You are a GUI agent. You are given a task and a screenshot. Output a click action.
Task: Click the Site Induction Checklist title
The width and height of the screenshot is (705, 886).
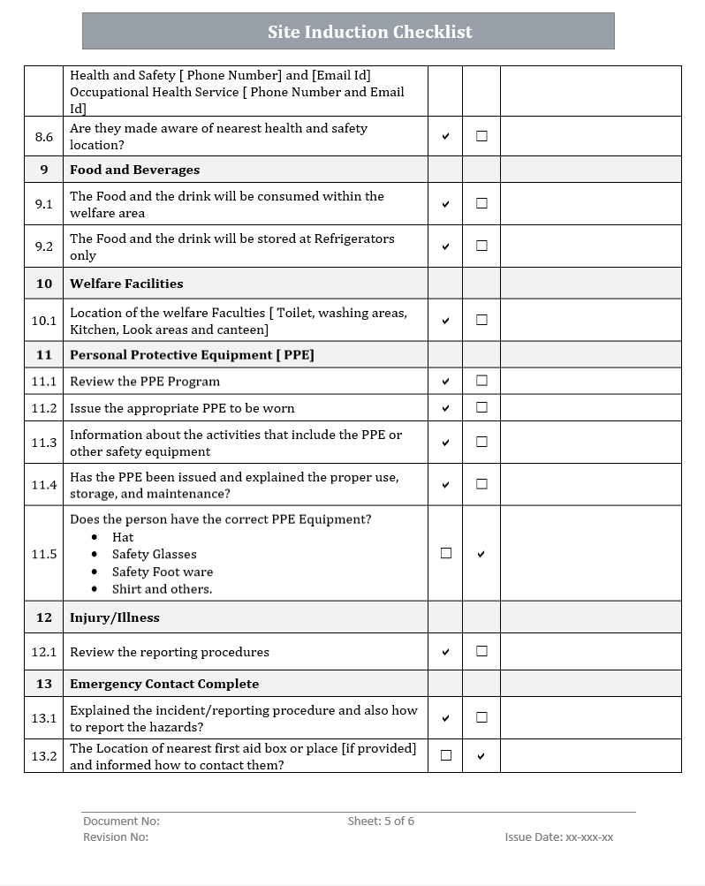[x=369, y=32]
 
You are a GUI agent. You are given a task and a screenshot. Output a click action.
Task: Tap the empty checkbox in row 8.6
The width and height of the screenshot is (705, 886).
[x=481, y=136]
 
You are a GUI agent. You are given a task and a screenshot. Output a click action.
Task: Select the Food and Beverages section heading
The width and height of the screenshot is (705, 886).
[x=134, y=170]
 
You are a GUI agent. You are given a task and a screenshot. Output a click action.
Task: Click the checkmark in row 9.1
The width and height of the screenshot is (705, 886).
[x=445, y=204]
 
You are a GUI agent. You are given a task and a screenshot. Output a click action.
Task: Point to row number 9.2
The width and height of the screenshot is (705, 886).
[x=43, y=246]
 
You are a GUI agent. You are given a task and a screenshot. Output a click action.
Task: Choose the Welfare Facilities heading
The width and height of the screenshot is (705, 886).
[x=126, y=284]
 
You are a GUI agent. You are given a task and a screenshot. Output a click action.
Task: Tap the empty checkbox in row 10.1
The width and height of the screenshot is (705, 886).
[x=481, y=320]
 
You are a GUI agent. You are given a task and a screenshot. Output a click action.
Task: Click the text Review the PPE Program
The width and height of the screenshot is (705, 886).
[x=145, y=382]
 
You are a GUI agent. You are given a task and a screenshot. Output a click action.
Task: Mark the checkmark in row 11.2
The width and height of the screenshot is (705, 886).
[x=445, y=408]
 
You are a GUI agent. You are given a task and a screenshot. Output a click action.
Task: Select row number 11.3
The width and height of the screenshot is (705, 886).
[x=43, y=443]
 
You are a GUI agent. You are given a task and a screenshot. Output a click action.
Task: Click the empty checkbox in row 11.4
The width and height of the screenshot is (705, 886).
[x=481, y=484]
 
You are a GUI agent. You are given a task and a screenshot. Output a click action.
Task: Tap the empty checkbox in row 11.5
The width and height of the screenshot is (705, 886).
[x=445, y=553]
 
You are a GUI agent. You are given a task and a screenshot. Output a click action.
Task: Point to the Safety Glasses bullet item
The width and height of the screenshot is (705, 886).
[x=154, y=555]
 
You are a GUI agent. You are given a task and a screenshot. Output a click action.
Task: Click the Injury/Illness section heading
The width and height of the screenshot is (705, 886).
[x=115, y=617]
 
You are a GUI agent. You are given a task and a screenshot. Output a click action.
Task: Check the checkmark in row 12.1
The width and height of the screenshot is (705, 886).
[x=445, y=652]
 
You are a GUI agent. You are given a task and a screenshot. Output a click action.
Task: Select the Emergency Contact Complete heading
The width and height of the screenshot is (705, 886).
[x=164, y=684]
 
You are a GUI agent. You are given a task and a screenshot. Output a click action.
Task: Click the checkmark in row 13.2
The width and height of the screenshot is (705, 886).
[x=481, y=756]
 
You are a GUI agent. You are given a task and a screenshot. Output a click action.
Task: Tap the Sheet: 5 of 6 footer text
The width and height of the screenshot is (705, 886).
[x=381, y=822]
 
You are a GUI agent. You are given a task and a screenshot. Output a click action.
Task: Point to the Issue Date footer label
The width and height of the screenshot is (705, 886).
[x=558, y=837]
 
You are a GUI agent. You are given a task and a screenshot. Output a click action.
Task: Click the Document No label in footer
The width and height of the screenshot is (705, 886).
[x=121, y=822]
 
